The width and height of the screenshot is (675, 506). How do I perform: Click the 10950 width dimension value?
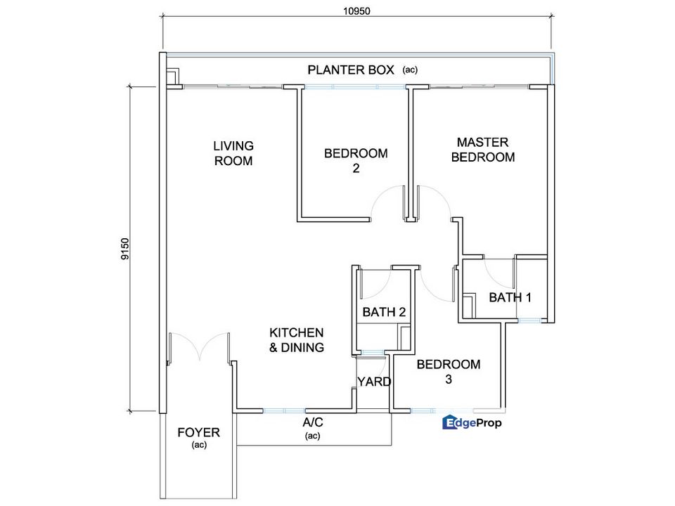click(x=356, y=11)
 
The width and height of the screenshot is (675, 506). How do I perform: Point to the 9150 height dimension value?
click(x=125, y=249)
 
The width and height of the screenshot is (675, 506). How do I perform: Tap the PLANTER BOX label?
click(x=351, y=70)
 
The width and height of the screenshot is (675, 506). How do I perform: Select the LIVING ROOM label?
click(x=233, y=153)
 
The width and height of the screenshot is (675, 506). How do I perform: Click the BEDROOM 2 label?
click(x=356, y=160)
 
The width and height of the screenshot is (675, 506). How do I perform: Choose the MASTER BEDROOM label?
click(x=483, y=150)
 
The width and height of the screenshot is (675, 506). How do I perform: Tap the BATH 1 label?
click(x=510, y=297)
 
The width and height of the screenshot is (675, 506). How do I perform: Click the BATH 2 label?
click(x=384, y=312)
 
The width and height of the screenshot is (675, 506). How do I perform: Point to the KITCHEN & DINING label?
click(x=297, y=340)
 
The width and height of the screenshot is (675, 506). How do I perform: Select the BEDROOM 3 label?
click(x=449, y=372)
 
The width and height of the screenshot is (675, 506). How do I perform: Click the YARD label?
click(x=374, y=382)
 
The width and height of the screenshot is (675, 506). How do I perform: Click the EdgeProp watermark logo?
click(x=472, y=422)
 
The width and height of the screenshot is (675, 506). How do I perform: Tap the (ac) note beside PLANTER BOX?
click(x=410, y=70)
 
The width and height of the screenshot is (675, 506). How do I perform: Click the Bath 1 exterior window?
click(x=529, y=320)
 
